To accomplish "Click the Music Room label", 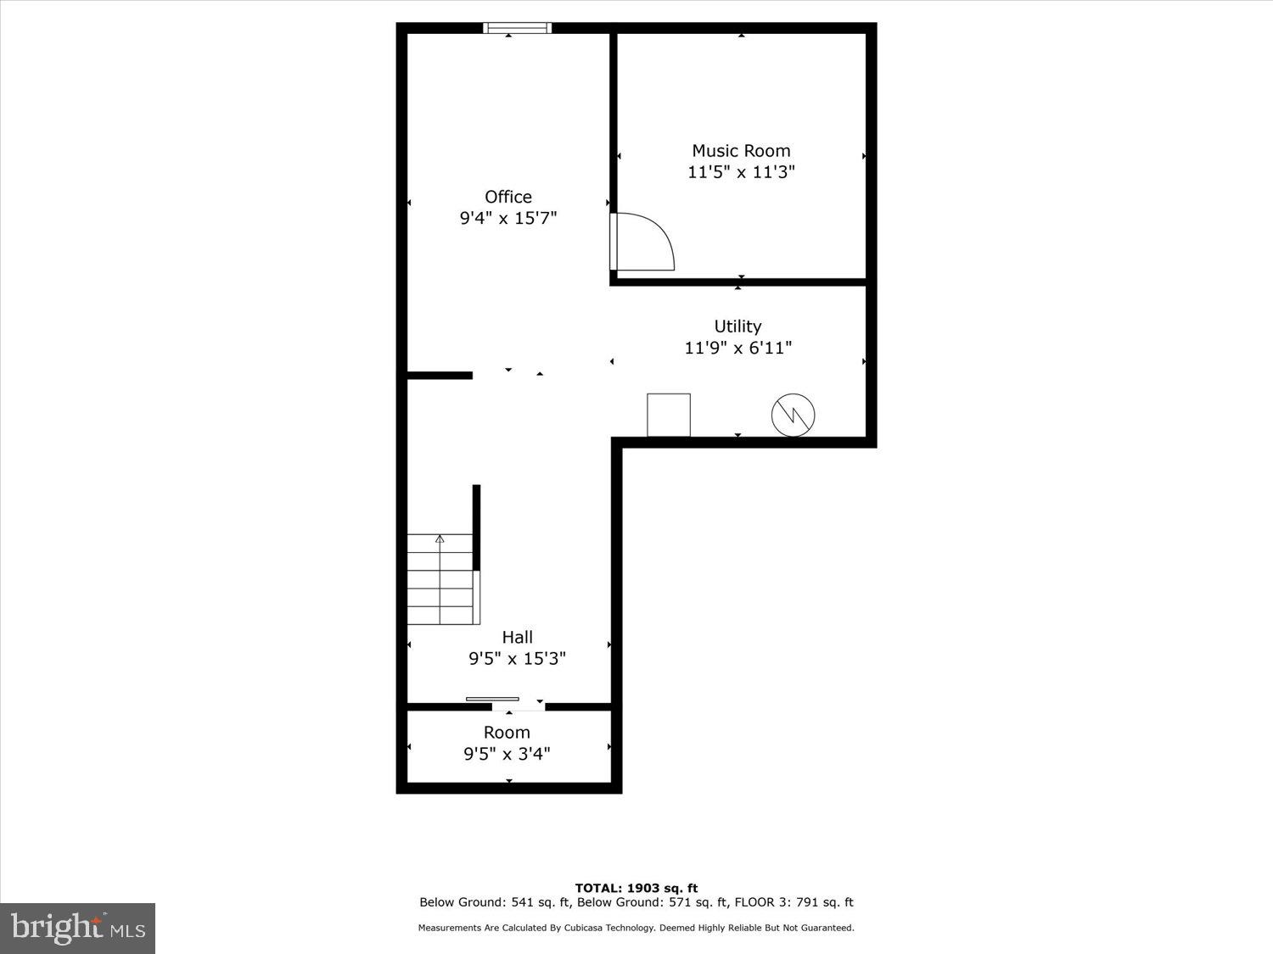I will (x=741, y=151).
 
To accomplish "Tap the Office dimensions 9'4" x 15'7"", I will (x=508, y=218).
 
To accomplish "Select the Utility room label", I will (x=737, y=326).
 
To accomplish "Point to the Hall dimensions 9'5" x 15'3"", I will (x=517, y=658).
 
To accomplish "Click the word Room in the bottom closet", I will (x=507, y=733).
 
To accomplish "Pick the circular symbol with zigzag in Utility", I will (x=793, y=415).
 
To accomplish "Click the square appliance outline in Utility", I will (x=669, y=415).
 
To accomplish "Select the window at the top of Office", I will (x=517, y=28).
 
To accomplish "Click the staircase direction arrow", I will (x=440, y=539).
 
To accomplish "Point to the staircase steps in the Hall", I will (x=440, y=585).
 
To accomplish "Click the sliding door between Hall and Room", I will (x=493, y=700).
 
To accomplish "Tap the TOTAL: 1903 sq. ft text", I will (x=636, y=888).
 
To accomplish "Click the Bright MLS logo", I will (x=78, y=929).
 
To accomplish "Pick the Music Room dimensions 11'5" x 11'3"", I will (x=741, y=172).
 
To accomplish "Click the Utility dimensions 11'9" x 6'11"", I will (x=737, y=348).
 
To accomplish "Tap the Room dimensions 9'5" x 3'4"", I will (x=507, y=754).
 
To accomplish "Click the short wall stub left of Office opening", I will (x=440, y=375).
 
